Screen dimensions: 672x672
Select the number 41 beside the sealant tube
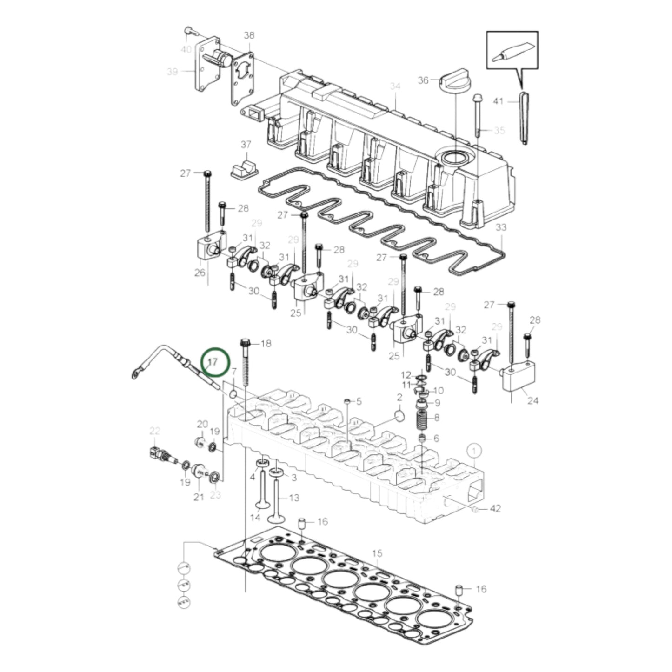(498, 101)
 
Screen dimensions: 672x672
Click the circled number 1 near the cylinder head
(473, 451)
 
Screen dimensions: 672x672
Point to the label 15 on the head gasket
(377, 553)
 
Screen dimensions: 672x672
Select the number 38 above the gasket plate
(249, 35)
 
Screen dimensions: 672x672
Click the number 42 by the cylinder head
(495, 509)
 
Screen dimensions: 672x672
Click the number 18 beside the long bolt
(266, 344)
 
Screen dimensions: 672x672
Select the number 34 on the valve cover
(395, 86)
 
